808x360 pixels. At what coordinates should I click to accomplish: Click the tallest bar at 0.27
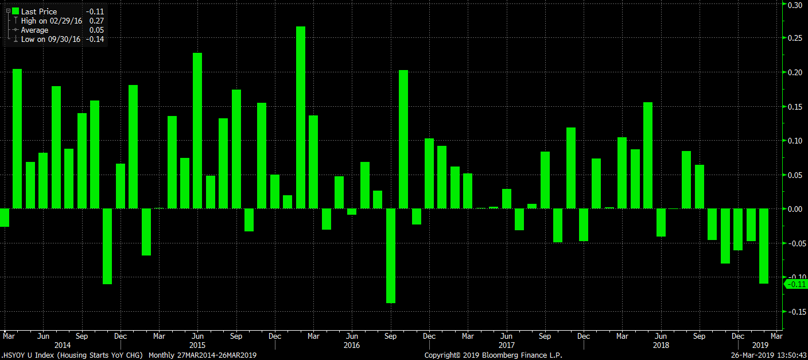[301, 117]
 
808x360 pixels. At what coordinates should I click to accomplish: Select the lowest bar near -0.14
[391, 256]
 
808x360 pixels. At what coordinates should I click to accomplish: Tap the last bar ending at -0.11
[764, 246]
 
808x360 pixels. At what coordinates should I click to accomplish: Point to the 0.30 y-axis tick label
[795, 5]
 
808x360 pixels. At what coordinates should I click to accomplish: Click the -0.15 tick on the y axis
[795, 312]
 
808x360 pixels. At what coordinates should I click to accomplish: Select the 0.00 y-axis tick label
[795, 209]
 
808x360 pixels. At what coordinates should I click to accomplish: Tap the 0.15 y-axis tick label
[795, 107]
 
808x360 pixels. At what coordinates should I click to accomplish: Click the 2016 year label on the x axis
[351, 346]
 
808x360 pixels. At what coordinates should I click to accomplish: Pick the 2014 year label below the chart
[63, 346]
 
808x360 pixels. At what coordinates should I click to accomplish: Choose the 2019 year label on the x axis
[760, 346]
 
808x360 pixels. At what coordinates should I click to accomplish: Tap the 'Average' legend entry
[35, 30]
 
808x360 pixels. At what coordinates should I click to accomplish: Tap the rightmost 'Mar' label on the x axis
[776, 336]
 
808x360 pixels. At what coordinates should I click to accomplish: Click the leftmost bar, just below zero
[4, 218]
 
